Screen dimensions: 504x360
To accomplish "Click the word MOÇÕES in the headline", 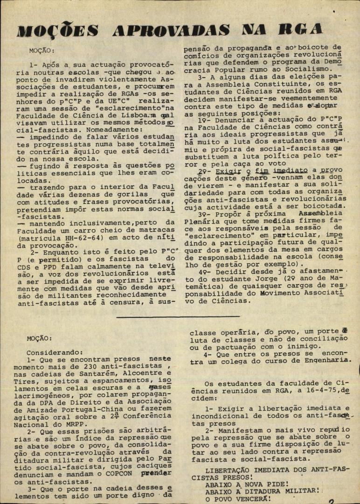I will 57,31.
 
